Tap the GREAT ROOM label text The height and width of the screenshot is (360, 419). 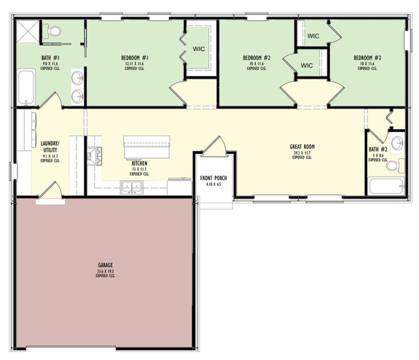[x=302, y=146]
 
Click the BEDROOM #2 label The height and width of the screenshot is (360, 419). [x=257, y=58]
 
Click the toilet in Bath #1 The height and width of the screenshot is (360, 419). [x=54, y=31]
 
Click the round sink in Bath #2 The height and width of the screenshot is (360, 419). [x=397, y=142]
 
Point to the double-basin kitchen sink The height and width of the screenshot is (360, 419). [x=132, y=188]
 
